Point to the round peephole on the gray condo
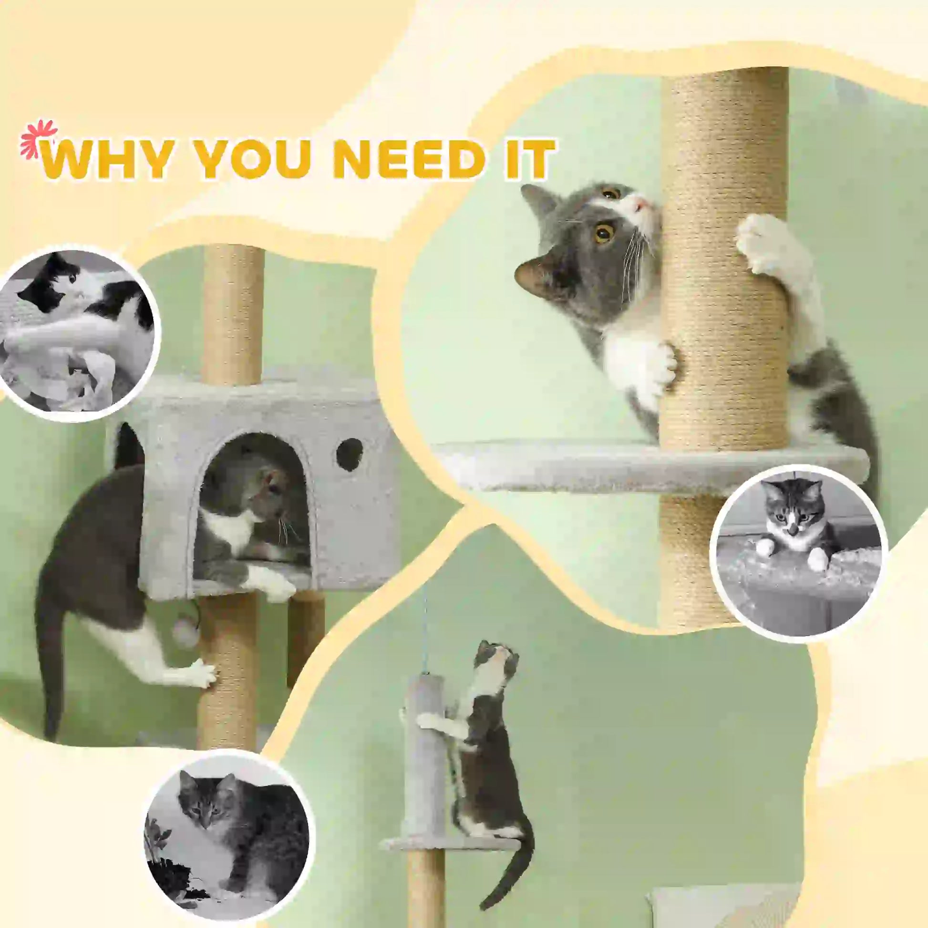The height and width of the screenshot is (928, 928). [x=349, y=454]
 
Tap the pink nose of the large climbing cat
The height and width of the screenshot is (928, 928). [x=639, y=206]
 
